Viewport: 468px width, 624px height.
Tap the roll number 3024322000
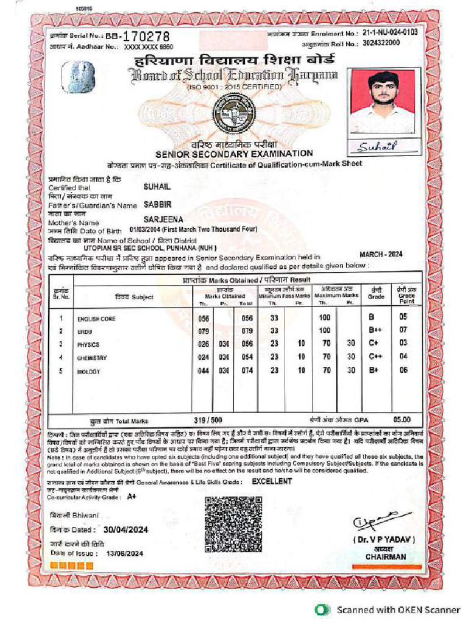(x=381, y=43)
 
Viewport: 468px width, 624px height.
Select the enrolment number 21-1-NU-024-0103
(x=390, y=32)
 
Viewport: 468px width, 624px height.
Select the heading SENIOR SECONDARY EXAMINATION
(x=234, y=154)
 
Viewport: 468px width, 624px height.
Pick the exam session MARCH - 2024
(x=381, y=254)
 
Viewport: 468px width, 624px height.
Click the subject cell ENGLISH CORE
(x=96, y=319)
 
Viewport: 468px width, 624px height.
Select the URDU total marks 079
(x=247, y=331)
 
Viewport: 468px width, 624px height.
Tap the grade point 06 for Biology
(x=403, y=370)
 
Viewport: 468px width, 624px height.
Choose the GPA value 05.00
(x=402, y=419)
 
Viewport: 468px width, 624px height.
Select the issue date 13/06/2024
(x=124, y=553)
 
